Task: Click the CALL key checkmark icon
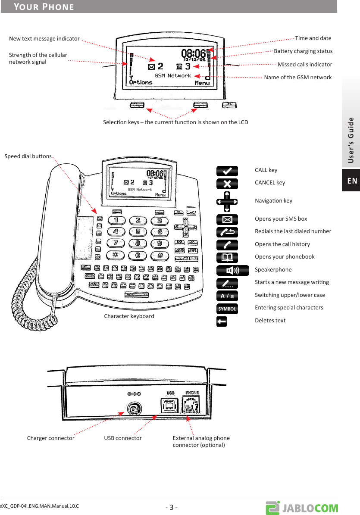click(x=227, y=171)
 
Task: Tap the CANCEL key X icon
click(x=227, y=184)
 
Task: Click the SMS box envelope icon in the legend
click(x=227, y=219)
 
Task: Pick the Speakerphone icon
click(x=233, y=270)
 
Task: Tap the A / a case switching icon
click(x=227, y=296)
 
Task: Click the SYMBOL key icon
click(x=227, y=309)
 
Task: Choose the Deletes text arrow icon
click(x=222, y=321)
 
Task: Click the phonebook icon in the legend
click(x=227, y=258)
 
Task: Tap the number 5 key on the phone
click(x=138, y=231)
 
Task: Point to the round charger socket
click(x=135, y=409)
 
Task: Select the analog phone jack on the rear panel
click(x=191, y=406)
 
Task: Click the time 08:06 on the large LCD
click(x=194, y=53)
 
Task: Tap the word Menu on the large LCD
click(x=202, y=83)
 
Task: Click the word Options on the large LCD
click(x=141, y=82)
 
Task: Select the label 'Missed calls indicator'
click(x=305, y=65)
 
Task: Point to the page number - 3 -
click(x=172, y=507)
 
